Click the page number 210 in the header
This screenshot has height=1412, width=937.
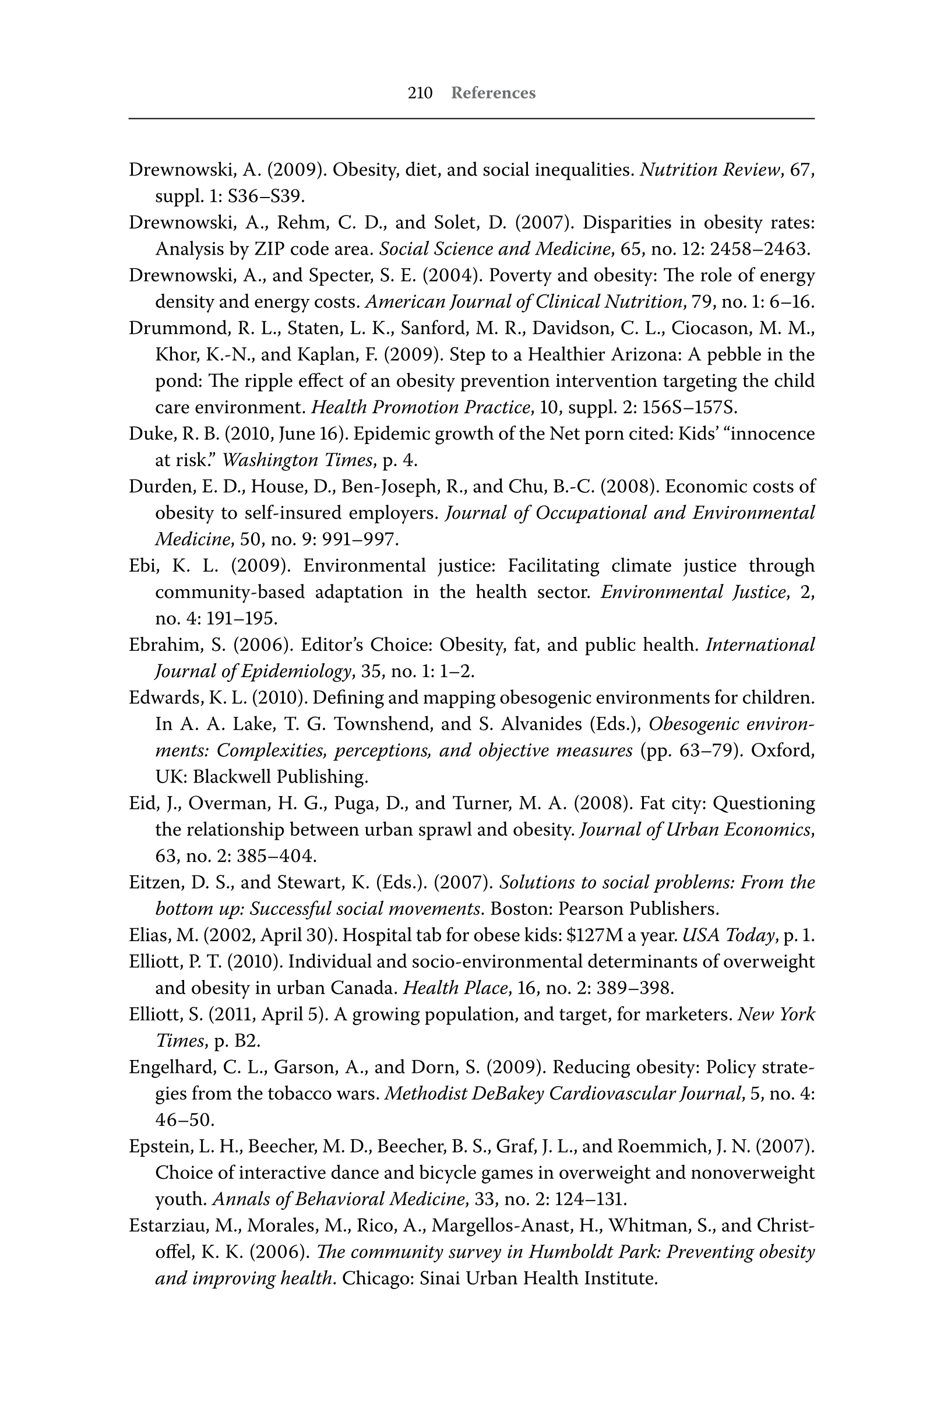(420, 93)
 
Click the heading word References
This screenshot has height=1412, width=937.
(493, 93)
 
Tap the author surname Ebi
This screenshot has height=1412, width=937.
(142, 566)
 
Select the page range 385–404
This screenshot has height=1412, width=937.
(275, 856)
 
